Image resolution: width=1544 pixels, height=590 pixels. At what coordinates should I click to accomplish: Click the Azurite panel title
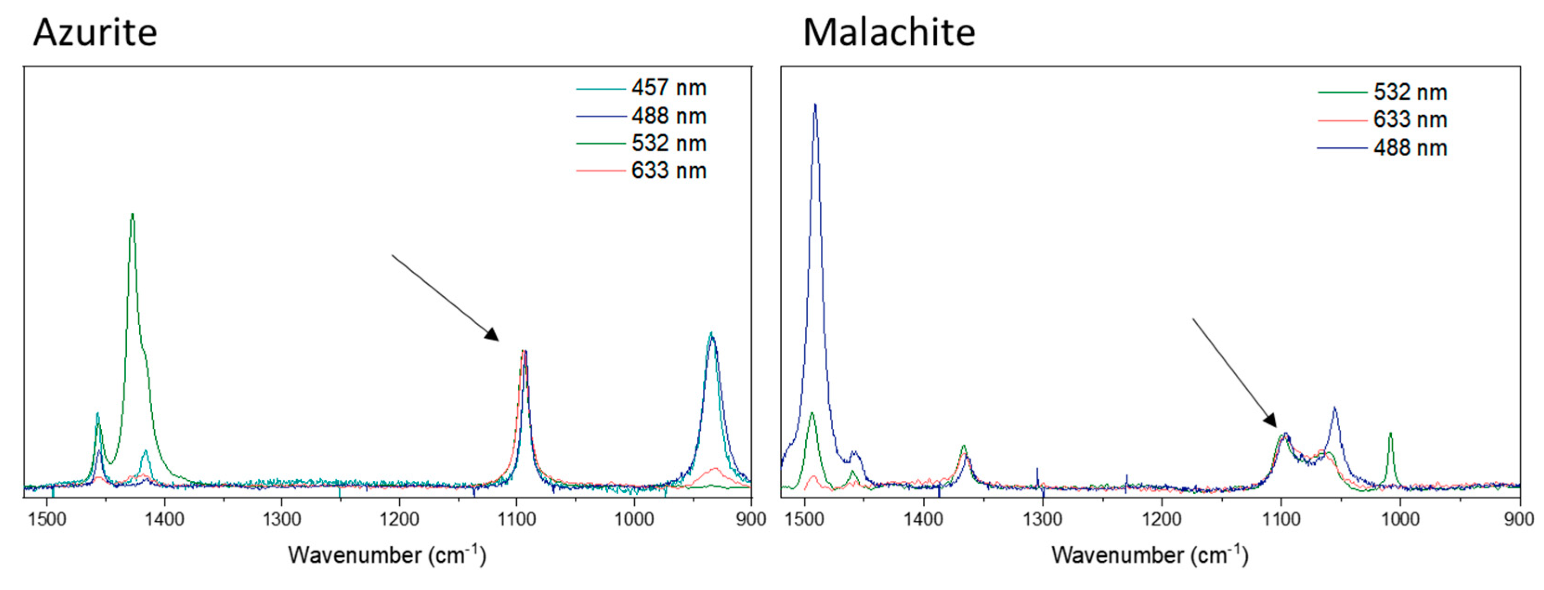95,33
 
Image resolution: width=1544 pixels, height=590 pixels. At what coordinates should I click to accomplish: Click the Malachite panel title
889,33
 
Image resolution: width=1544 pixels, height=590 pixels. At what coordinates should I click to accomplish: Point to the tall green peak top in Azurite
132,215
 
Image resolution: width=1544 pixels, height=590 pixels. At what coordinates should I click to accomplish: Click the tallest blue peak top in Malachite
815,105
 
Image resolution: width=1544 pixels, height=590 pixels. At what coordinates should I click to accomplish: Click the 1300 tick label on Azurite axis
282,518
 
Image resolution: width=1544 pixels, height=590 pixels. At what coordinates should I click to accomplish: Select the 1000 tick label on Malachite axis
1400,518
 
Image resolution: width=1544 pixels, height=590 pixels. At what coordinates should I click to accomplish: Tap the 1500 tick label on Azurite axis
47,518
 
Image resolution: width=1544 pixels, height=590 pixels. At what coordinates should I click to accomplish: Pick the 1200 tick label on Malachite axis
1161,518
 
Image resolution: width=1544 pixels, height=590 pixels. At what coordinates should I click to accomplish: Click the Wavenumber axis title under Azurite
387,555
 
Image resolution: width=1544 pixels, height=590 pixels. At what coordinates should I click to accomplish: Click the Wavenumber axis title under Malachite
1149,555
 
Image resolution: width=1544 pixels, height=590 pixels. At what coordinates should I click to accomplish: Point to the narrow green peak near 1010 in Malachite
1390,433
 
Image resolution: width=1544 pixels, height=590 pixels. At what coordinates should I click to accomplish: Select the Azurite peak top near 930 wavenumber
711,334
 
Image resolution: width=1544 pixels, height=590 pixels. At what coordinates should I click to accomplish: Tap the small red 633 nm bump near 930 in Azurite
714,468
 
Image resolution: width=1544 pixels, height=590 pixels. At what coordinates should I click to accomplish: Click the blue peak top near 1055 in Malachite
1334,408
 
